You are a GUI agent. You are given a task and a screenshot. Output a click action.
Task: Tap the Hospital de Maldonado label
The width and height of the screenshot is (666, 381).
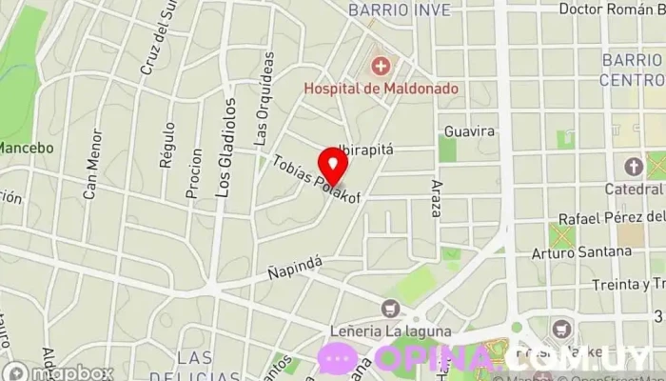point(381,89)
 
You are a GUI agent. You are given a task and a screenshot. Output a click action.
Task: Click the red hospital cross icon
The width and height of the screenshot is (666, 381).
point(381,66)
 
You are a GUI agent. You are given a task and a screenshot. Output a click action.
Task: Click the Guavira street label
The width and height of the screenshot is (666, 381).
point(470,130)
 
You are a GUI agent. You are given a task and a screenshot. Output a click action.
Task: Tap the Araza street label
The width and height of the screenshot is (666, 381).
point(437,198)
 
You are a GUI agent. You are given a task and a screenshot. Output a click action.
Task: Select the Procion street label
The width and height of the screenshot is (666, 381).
point(195,173)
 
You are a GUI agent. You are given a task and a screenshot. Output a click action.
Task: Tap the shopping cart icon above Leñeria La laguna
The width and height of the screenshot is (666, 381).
point(389,308)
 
